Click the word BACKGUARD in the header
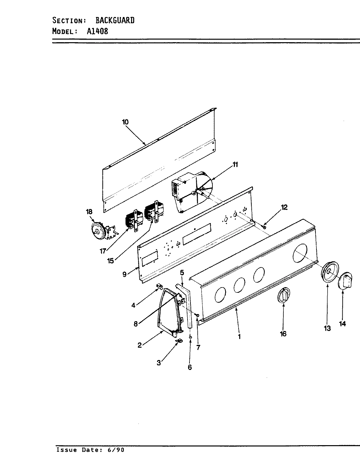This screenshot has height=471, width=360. [x=115, y=20]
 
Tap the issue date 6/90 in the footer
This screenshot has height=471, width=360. [x=116, y=450]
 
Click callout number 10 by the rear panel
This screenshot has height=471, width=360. [x=125, y=122]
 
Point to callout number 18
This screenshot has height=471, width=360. [x=89, y=212]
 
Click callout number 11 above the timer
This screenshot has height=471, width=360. [x=235, y=165]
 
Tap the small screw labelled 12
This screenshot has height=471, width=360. [x=264, y=227]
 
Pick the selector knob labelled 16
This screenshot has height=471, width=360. [x=284, y=295]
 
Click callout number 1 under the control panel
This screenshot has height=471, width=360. [x=239, y=336]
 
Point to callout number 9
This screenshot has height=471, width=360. [x=124, y=274]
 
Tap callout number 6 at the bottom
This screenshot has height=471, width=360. [x=190, y=367]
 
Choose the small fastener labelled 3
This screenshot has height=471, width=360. [x=178, y=341]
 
